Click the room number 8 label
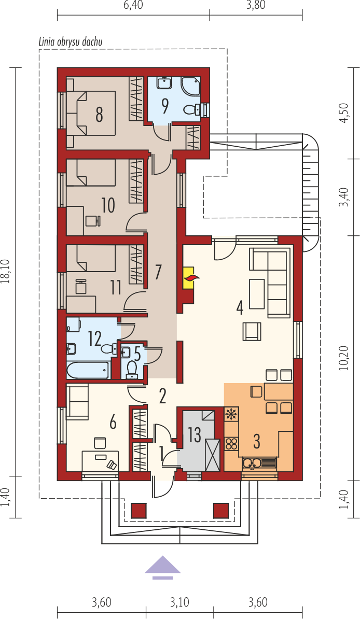(x=99, y=115)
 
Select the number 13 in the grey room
(x=195, y=434)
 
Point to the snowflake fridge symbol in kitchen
(x=231, y=415)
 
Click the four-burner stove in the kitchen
(x=231, y=443)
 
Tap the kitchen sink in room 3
(x=259, y=462)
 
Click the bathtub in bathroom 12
(x=88, y=370)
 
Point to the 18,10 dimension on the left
(x=5, y=272)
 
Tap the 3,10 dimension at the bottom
(x=179, y=603)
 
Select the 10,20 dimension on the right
(x=345, y=358)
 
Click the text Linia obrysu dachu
(x=71, y=41)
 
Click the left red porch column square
(x=139, y=511)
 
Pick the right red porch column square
(x=221, y=511)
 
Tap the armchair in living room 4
(x=253, y=331)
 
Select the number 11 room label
(x=115, y=288)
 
